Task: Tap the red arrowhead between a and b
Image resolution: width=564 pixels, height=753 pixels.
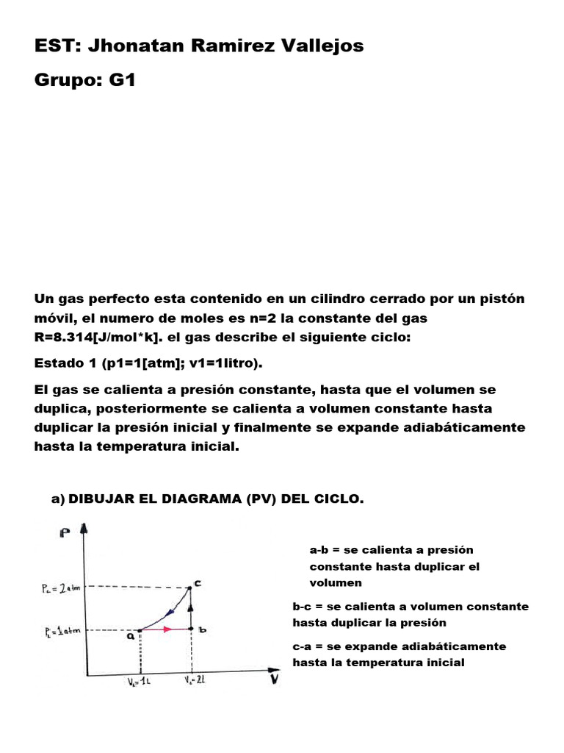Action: tap(168, 629)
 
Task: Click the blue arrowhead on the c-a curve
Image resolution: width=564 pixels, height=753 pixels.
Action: tap(170, 610)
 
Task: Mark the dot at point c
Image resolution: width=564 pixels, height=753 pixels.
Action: tap(190, 587)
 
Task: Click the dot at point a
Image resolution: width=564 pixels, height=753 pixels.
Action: tap(140, 630)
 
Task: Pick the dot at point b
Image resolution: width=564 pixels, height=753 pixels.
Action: tap(190, 629)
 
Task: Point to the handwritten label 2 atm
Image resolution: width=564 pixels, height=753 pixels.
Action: tap(62, 588)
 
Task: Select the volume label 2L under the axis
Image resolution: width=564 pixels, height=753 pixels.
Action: tap(194, 681)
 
